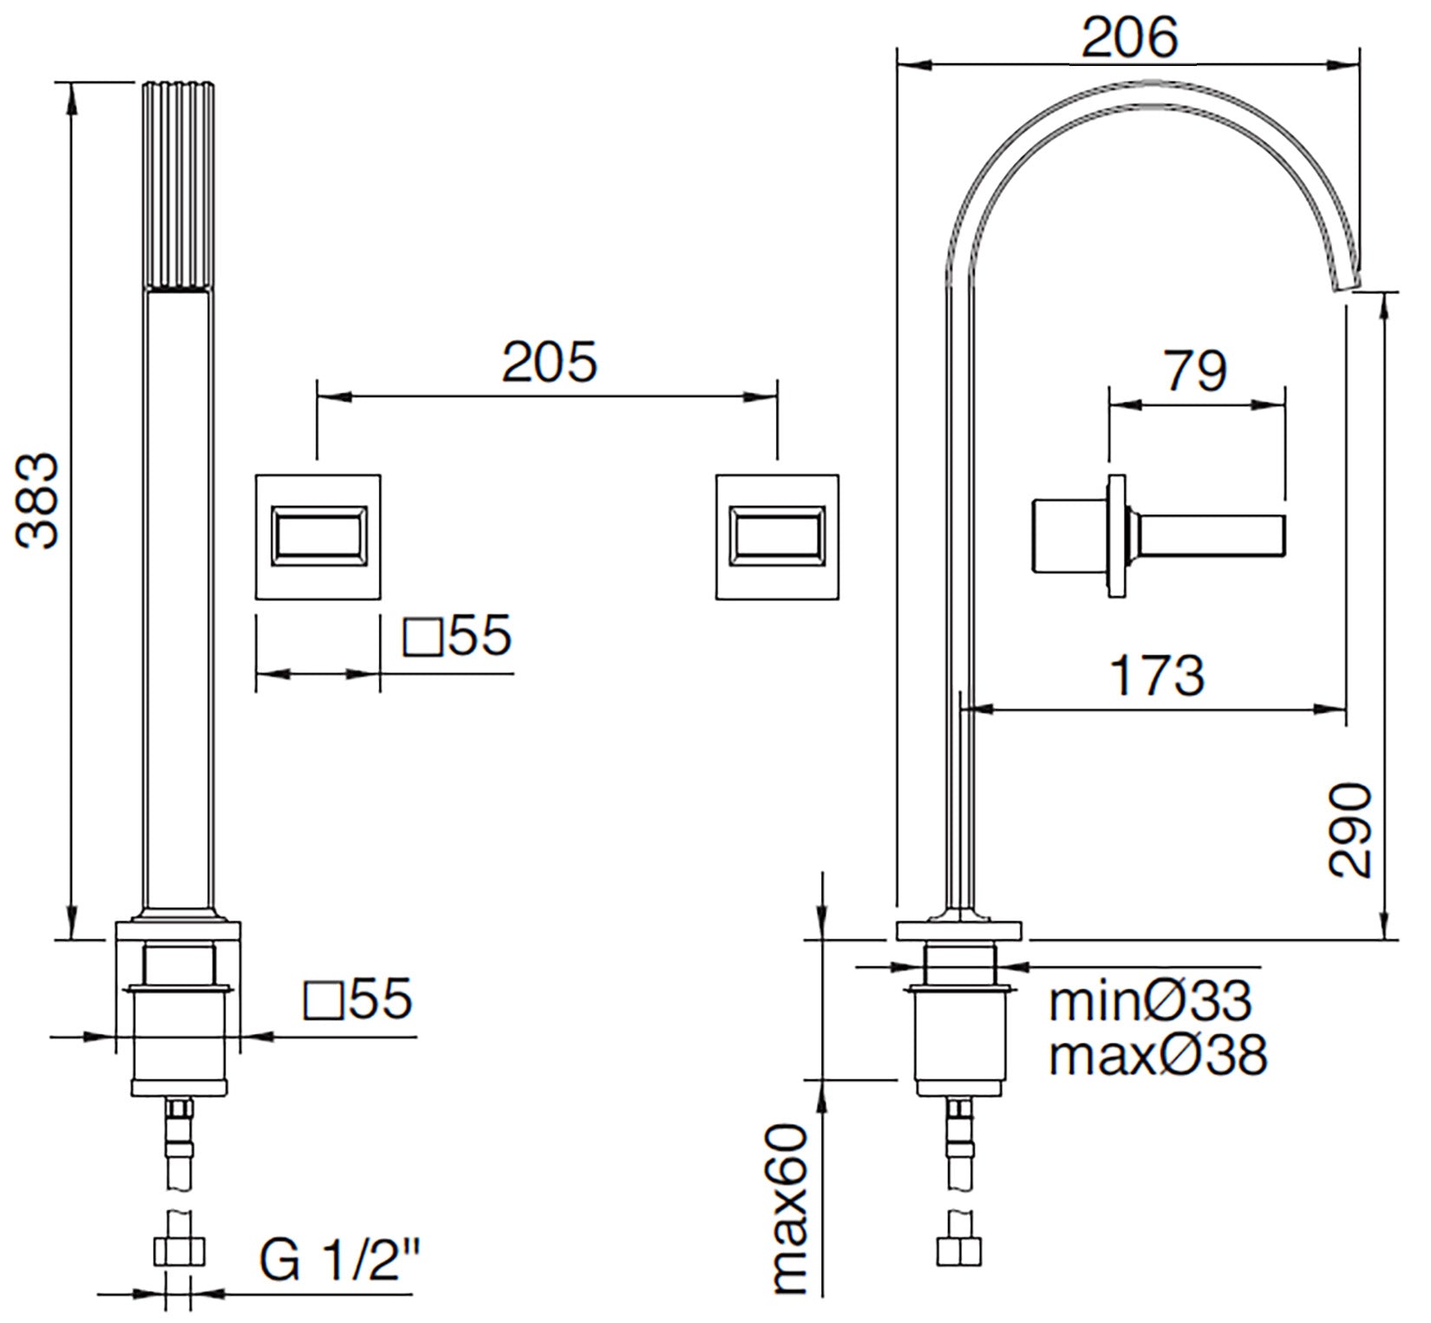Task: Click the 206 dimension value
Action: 1128,37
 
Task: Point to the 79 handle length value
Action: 1194,371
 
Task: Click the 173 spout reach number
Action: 1157,675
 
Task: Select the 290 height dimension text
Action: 1350,830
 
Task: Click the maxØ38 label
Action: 1157,1054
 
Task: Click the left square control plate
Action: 318,536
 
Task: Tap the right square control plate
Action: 777,536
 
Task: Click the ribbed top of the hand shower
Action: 178,186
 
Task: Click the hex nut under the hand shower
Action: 179,1252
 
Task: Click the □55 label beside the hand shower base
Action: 357,999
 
